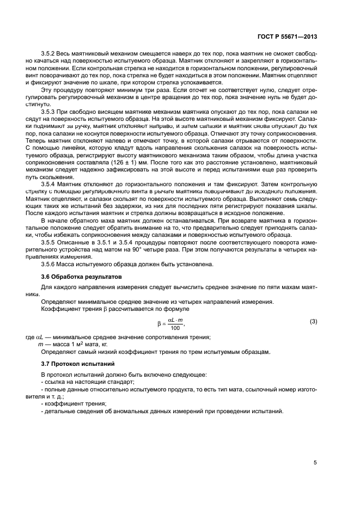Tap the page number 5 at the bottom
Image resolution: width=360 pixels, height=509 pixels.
[315, 463]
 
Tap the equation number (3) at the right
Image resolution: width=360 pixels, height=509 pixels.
[313, 322]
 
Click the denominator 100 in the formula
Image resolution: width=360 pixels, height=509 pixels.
[174, 328]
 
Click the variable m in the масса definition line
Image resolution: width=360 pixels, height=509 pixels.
[39, 345]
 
